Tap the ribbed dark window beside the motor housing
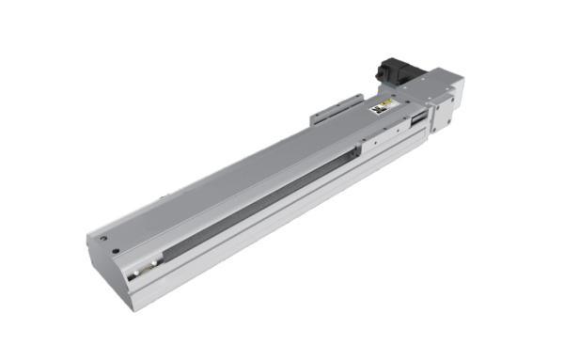(415, 120)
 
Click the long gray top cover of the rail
(226, 179)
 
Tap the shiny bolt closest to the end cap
(137, 274)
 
